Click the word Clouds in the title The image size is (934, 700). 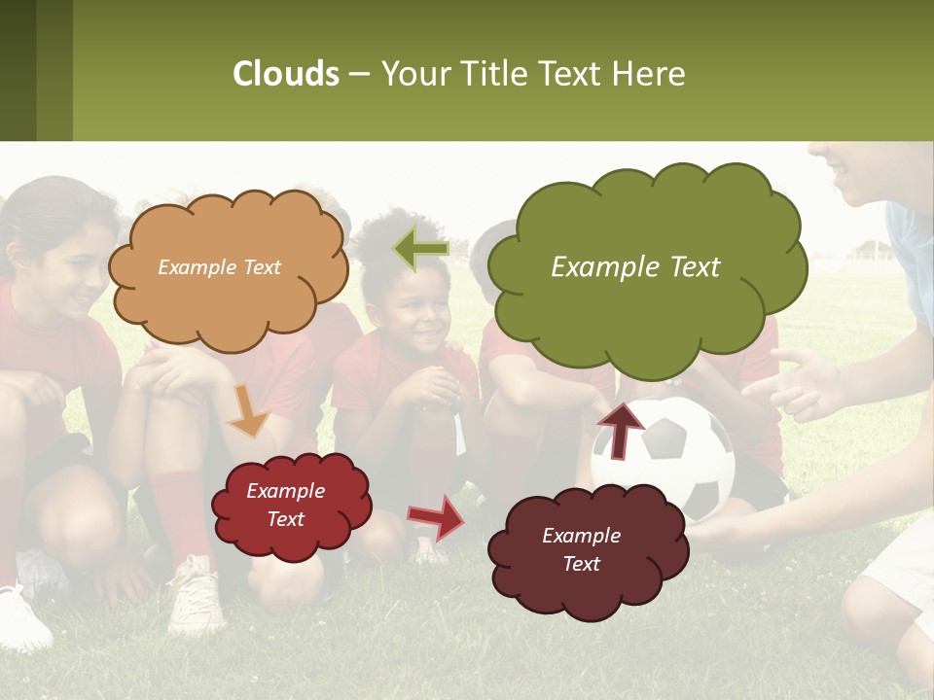point(286,74)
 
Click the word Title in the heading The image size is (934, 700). point(493,74)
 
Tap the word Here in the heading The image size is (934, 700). point(649,74)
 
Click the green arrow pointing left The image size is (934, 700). point(421,249)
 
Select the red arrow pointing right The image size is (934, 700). point(436,516)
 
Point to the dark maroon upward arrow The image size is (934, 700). point(620,431)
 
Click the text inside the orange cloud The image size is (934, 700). point(219,267)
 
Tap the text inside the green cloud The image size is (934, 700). point(635,267)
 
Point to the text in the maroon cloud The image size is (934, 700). point(581,549)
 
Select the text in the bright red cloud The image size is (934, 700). point(285,506)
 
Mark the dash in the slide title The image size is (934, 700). point(359,75)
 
